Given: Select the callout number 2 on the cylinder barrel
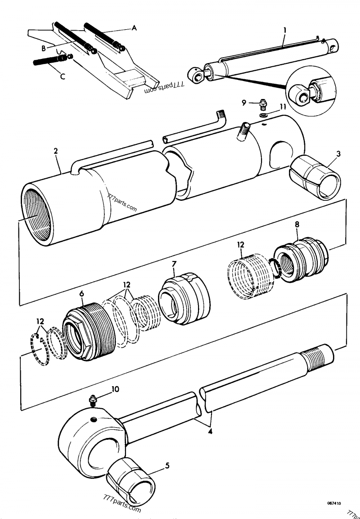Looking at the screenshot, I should tap(56, 152).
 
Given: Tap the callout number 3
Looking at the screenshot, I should tap(338, 154).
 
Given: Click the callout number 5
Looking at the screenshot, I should tap(167, 466).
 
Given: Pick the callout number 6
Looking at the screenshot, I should tap(81, 293).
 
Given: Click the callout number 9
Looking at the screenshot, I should tap(243, 103).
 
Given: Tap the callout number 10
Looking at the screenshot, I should tap(115, 389).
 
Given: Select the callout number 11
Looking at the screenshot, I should tap(283, 107).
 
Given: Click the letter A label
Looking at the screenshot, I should tap(134, 28).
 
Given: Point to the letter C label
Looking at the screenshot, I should tap(63, 77).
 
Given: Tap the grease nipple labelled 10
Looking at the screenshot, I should tap(94, 399).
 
